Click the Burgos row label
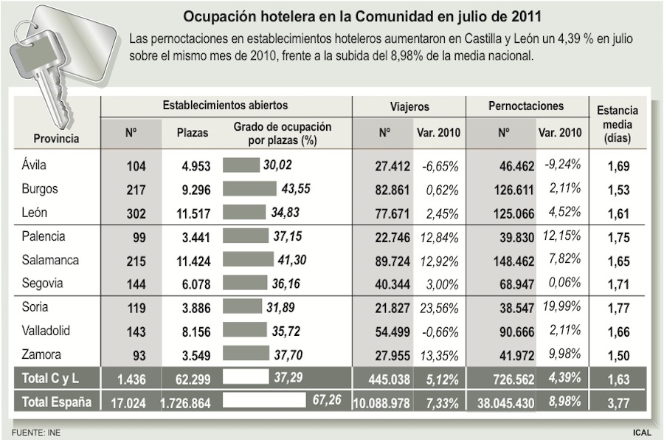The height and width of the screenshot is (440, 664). pos(40,189)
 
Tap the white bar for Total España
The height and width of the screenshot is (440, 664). pos(263,402)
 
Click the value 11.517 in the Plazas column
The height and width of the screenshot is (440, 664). pos(193,213)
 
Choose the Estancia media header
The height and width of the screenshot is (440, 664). pos(618,124)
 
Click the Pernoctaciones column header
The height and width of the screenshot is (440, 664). pos(525,107)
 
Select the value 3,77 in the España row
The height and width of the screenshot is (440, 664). pos(618,402)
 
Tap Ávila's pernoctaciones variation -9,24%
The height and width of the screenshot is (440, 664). pos(563,165)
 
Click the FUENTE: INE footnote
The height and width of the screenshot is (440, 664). pos(35,432)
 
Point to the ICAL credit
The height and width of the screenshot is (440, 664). pos(641,432)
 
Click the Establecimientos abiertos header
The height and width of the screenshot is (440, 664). pos(225,106)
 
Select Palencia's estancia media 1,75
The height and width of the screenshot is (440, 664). pos(618,237)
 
